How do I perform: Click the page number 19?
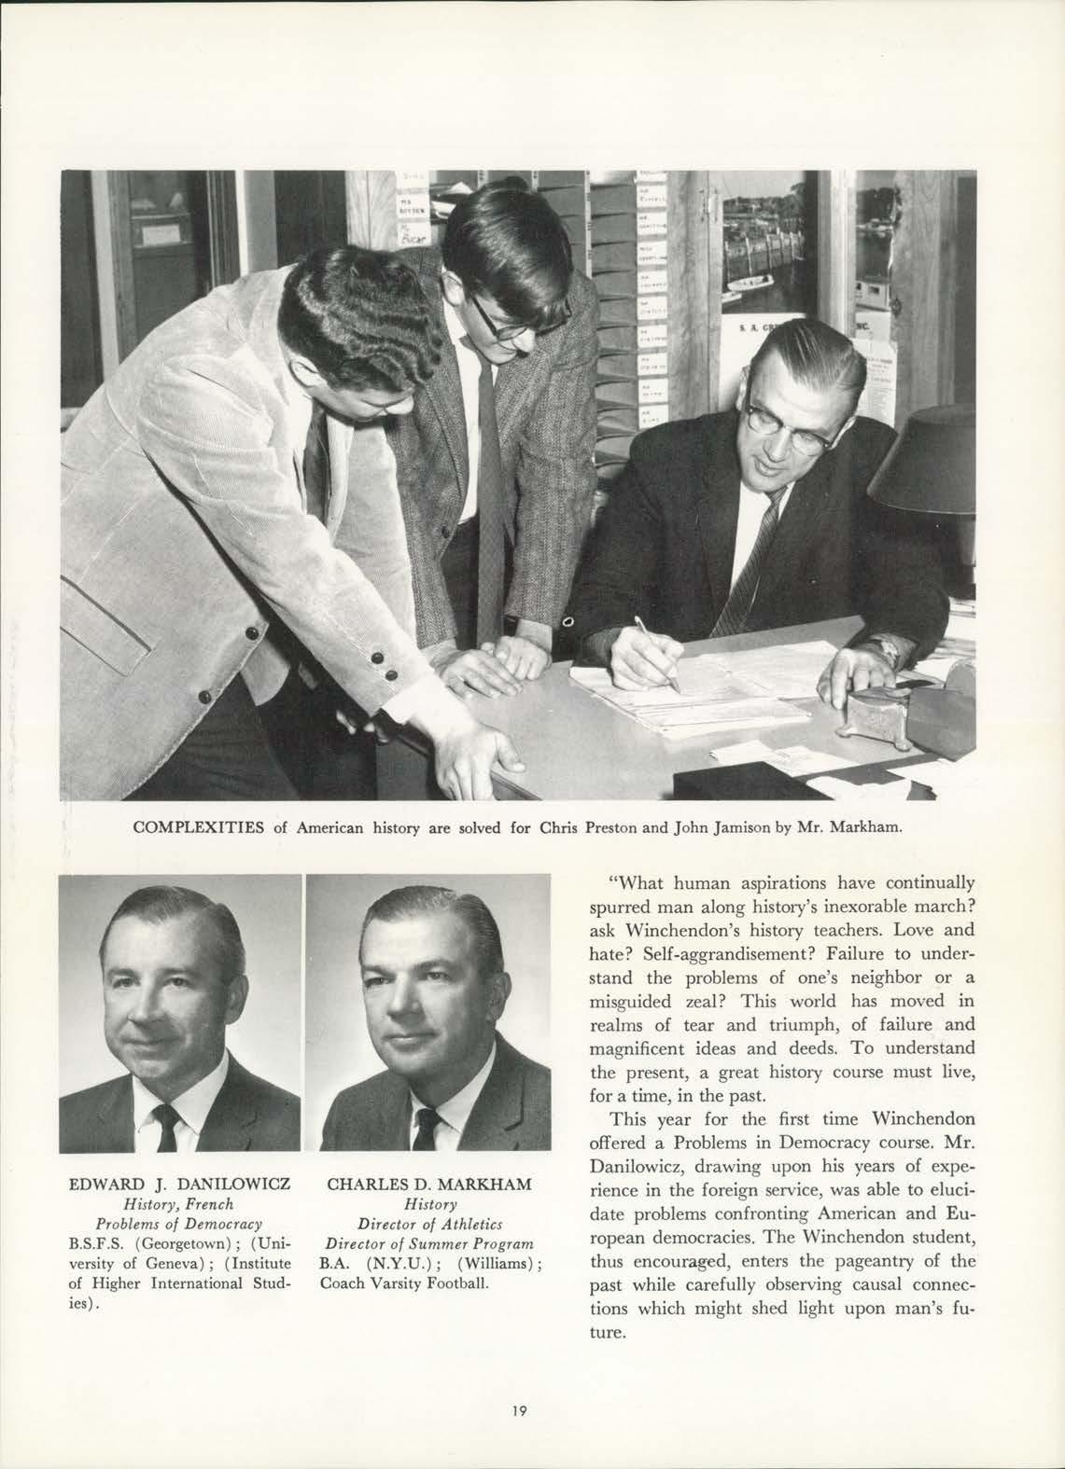pos(520,1411)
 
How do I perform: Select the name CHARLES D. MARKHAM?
pos(429,1185)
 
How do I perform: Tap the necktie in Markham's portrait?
pos(426,1127)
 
